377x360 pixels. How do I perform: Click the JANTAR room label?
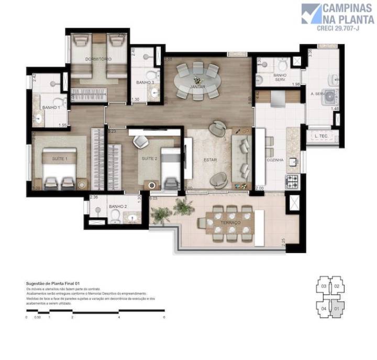coord(197,86)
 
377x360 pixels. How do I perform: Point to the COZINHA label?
coord(275,160)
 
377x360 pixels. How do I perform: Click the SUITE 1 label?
coord(59,158)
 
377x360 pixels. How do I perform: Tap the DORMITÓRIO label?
coord(98,59)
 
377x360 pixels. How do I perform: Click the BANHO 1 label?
coord(50,107)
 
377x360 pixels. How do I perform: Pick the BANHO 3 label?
coord(145,82)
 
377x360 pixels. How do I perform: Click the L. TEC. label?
coord(321,137)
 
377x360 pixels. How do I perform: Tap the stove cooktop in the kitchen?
coord(292,182)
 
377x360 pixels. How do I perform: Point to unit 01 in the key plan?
coord(337,309)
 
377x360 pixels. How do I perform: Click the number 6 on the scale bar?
coord(164,317)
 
